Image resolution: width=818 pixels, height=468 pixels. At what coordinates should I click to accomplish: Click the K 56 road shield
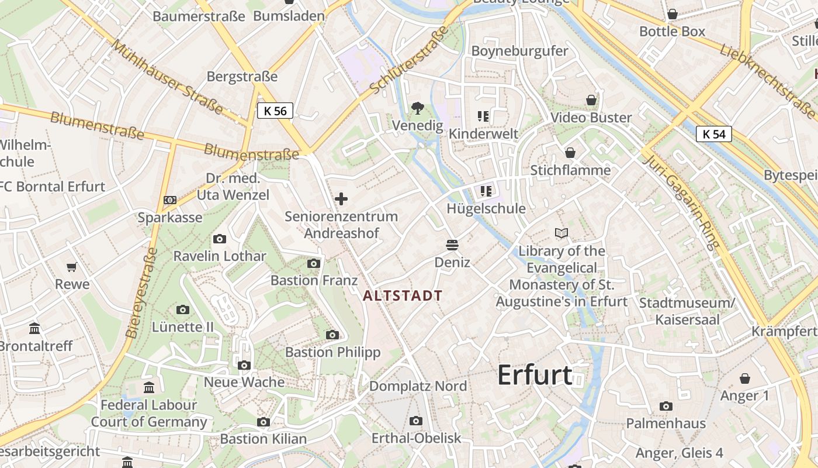(275, 111)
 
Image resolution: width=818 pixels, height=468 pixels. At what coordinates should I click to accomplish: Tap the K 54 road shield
(714, 134)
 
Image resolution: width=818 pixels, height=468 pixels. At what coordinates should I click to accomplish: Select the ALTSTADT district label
(403, 295)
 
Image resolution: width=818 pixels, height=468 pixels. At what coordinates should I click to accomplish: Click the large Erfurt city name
(534, 375)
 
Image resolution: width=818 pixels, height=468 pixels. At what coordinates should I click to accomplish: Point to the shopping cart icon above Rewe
(72, 267)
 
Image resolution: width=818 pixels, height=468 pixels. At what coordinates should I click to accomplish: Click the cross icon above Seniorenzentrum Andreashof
(341, 199)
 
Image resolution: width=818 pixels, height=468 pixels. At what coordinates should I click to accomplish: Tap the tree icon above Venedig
(417, 108)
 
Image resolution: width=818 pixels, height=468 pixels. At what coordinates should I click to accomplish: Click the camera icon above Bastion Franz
(314, 263)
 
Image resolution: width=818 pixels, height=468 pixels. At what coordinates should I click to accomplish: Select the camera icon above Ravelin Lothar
(220, 239)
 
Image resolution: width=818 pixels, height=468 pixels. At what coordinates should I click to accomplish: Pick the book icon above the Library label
(561, 233)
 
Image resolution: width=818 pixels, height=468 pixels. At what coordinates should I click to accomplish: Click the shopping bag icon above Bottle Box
(672, 14)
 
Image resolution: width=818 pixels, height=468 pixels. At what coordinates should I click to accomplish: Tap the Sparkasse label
(170, 218)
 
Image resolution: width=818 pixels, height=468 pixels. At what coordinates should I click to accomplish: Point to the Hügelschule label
(486, 208)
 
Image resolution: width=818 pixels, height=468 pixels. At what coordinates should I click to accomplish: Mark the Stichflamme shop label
(570, 170)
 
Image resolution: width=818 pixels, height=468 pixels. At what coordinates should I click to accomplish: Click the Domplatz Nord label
(418, 386)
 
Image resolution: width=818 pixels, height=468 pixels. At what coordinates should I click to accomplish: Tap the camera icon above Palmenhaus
(666, 406)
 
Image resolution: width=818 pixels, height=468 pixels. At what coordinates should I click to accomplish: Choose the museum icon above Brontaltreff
(35, 328)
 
